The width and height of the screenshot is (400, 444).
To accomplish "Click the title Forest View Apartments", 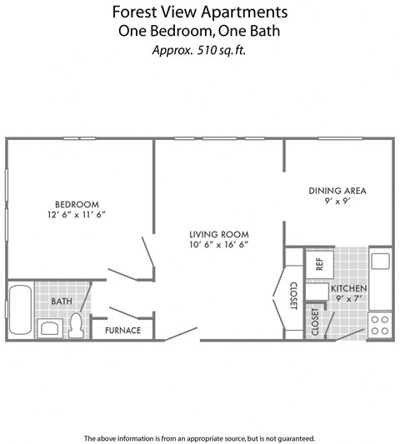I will [199, 12].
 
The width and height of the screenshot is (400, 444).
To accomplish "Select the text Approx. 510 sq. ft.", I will [199, 49].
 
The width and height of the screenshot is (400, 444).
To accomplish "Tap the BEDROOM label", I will [77, 204].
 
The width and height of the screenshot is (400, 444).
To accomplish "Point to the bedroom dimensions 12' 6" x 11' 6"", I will [77, 215].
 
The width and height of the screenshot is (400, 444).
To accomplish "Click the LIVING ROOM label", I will [219, 234].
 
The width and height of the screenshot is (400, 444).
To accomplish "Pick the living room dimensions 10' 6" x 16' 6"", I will [219, 245].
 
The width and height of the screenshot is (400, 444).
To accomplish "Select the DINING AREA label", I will [337, 190].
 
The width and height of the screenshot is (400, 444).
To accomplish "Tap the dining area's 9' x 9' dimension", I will [337, 201].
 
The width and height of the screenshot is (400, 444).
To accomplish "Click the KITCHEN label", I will [350, 287].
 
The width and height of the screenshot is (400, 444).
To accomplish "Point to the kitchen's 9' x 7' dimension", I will [350, 297].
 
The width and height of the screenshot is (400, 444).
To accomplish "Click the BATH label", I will [61, 301].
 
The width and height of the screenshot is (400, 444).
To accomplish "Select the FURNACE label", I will [122, 331].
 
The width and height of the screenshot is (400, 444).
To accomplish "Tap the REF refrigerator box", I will [319, 263].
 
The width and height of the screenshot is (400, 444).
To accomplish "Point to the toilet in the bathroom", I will [76, 325].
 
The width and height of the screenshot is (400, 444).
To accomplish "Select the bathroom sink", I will [50, 327].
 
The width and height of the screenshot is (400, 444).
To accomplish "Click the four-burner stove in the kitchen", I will [380, 325].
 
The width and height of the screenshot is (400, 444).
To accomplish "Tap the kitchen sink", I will [380, 261].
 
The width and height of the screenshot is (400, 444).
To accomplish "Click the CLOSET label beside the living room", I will [293, 296].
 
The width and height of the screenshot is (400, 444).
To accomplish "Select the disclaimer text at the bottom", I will [199, 437].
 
